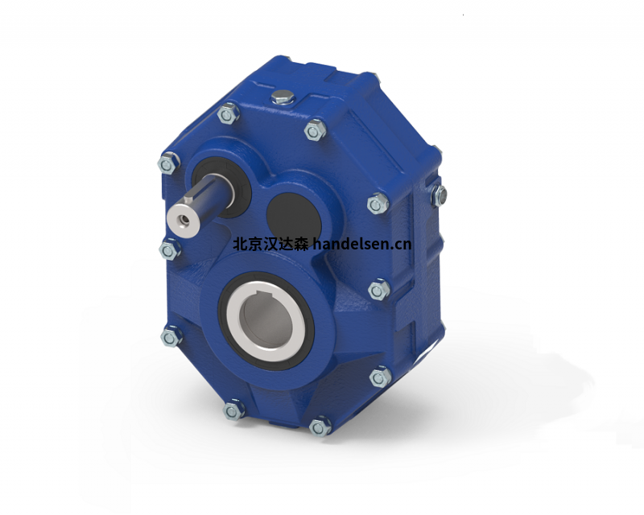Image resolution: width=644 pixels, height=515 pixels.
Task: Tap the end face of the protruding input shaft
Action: pyautogui.click(x=179, y=216)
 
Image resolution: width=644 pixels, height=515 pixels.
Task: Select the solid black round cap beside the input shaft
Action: pyautogui.click(x=289, y=210)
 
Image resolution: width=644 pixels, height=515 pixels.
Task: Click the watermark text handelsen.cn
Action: pyautogui.click(x=361, y=243)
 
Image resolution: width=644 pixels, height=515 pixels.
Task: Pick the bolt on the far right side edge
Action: pyautogui.click(x=438, y=193)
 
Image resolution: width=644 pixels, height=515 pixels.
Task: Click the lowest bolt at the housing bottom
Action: pyautogui.click(x=320, y=425)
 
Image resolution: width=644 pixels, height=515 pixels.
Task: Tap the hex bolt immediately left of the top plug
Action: pyautogui.click(x=229, y=115)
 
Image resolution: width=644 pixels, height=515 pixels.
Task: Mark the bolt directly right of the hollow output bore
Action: pyautogui.click(x=378, y=289)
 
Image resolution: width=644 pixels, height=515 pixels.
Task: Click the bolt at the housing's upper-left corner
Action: pyautogui.click(x=167, y=164)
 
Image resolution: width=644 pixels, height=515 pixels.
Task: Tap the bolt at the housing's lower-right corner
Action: pyautogui.click(x=378, y=376)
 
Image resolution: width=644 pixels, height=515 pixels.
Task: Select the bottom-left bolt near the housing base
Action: pyautogui.click(x=234, y=410)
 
